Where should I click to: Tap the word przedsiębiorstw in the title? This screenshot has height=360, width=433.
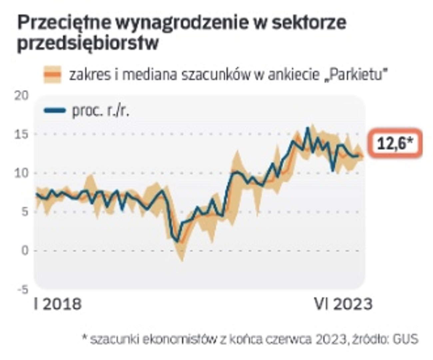88,43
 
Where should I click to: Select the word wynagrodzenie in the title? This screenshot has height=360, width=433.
182,23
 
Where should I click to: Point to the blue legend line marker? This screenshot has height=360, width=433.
55,110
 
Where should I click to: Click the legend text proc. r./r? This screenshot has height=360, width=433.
100,111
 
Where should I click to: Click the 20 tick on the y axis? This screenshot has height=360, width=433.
21,96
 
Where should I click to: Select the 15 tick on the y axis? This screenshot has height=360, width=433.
21,134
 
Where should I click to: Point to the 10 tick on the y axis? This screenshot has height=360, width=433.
21,173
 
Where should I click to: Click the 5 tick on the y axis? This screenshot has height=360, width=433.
24,212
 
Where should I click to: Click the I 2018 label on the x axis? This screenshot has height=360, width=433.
58,304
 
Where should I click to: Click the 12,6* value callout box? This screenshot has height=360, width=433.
395,144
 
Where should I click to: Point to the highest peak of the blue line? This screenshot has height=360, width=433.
308,128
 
